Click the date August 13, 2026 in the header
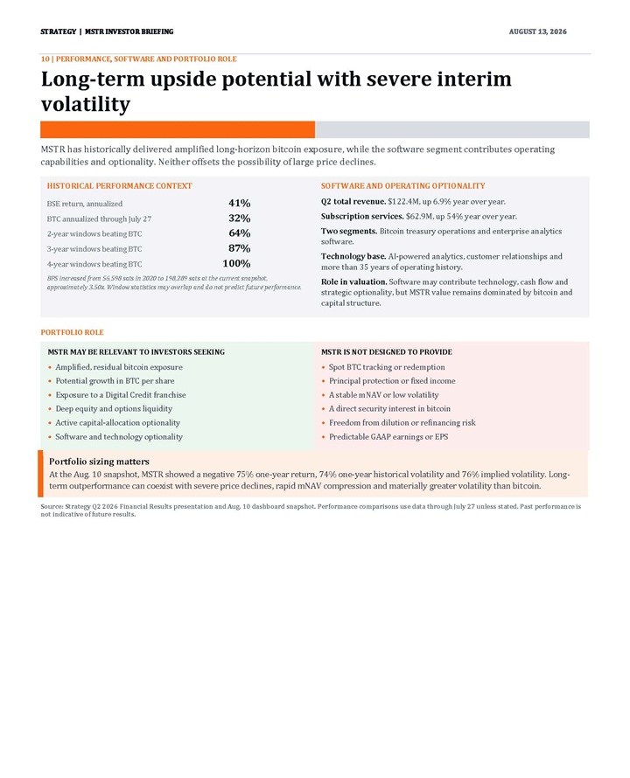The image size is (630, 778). [537, 31]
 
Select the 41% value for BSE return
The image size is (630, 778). [240, 203]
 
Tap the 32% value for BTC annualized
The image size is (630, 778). [240, 219]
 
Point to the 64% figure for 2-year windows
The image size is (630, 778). [240, 233]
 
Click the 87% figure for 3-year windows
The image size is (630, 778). [240, 248]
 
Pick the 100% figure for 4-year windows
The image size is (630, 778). [236, 263]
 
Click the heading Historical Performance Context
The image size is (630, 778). [119, 185]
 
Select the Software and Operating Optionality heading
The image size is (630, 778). [403, 185]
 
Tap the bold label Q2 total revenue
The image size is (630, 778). [353, 201]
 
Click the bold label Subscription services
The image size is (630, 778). [362, 216]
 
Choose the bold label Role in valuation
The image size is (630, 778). [353, 281]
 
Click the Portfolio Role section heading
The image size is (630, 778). [72, 332]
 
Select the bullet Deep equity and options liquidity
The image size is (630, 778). [114, 408]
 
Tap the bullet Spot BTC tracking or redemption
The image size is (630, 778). [387, 366]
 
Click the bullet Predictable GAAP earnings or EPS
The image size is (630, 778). [388, 436]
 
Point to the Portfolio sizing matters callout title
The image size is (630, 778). [99, 462]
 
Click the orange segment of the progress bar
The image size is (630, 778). [178, 129]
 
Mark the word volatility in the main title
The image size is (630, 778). [86, 105]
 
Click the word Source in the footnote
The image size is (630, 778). [51, 507]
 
